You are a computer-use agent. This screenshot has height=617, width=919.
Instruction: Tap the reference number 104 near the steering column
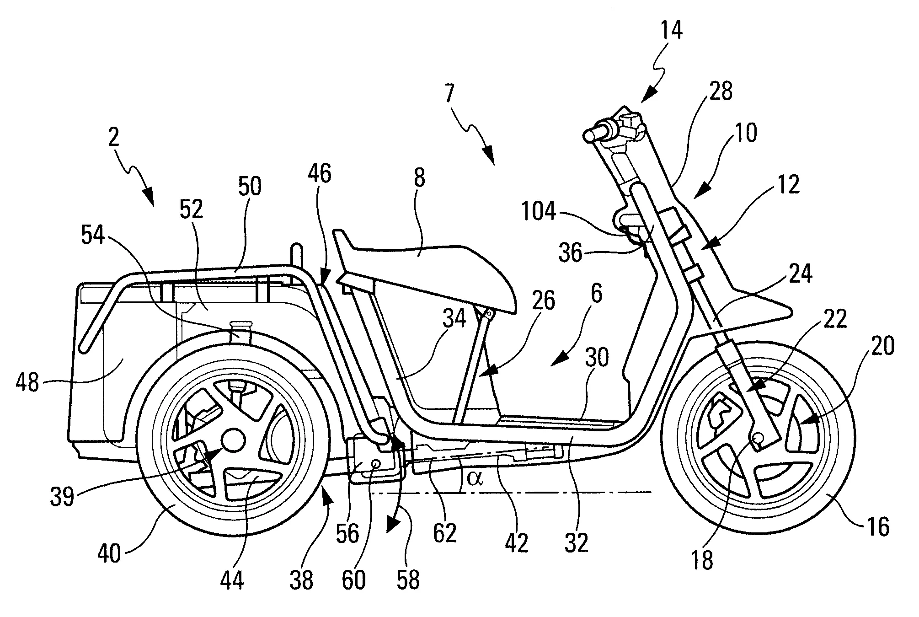point(539,213)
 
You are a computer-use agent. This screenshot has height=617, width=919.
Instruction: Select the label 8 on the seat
point(419,178)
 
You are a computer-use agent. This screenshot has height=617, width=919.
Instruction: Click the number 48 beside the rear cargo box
point(27,382)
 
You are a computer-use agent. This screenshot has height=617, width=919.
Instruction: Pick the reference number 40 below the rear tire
point(109,554)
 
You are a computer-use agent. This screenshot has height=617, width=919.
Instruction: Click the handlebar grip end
point(589,135)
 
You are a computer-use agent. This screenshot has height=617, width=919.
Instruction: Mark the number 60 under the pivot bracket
point(353,580)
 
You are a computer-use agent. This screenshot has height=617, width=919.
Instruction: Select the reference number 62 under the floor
point(444,533)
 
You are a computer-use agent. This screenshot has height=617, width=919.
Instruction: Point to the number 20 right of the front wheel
point(883,346)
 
